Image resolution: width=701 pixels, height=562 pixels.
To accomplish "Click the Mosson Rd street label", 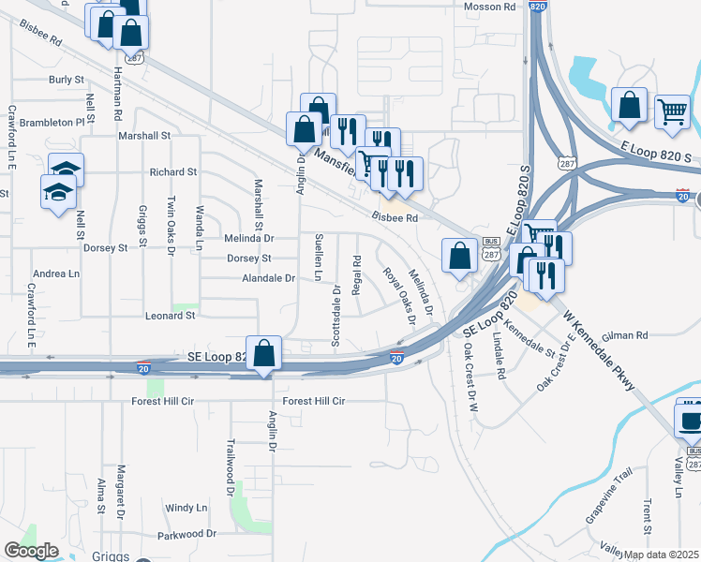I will (490, 7).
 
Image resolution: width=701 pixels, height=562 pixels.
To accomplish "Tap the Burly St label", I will (67, 80).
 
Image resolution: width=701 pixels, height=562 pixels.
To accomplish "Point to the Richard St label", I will (173, 172).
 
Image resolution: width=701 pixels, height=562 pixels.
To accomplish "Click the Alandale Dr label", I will (269, 278).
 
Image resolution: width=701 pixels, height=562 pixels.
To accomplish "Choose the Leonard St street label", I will (170, 316).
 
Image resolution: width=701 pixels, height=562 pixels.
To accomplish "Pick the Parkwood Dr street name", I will (187, 534).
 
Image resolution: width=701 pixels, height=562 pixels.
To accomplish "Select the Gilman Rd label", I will (628, 334).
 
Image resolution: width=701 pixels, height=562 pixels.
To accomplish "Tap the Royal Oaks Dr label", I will (399, 295).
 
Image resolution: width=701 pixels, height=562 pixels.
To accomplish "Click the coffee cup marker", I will (690, 420).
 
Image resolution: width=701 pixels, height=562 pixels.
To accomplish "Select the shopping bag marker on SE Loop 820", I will (264, 354).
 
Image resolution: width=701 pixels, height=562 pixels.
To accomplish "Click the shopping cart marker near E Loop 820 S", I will (672, 112).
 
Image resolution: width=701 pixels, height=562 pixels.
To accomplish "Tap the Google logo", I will (31, 551).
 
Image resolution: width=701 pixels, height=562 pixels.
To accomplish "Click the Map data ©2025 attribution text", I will (661, 555).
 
